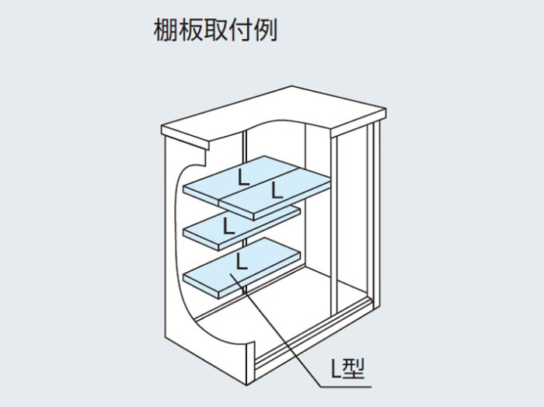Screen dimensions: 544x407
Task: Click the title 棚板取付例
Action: (x=215, y=30)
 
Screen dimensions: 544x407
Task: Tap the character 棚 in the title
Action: (x=166, y=30)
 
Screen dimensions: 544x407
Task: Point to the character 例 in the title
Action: (x=266, y=30)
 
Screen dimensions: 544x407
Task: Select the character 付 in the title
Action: (x=240, y=30)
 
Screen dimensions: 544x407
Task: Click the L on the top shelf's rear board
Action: (x=243, y=176)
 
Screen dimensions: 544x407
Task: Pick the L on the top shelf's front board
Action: (x=277, y=190)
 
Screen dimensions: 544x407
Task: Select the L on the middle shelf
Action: (x=228, y=225)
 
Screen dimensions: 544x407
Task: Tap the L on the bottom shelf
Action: (x=242, y=262)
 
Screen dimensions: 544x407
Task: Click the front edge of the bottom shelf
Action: (x=201, y=286)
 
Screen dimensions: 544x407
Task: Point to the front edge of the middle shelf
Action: (x=201, y=238)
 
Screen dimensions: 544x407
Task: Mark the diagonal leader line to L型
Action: (x=275, y=329)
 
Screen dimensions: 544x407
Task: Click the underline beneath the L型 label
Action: (x=346, y=387)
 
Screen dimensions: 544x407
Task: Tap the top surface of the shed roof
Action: (x=274, y=110)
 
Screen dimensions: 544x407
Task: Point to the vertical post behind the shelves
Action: (x=246, y=208)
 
